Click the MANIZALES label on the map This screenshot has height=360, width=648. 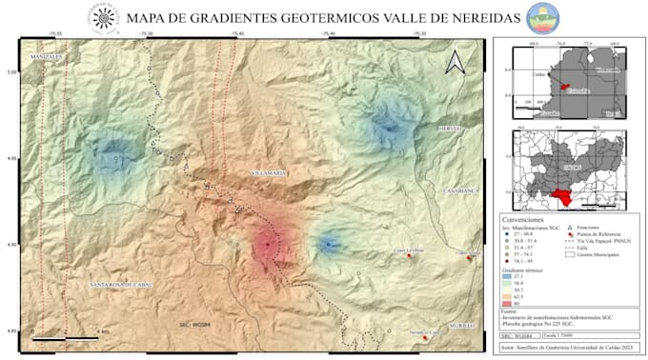(x=47, y=56)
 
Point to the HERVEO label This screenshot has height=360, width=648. (x=448, y=128)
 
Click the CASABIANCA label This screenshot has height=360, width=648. (x=459, y=191)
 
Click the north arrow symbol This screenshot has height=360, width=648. (x=456, y=62)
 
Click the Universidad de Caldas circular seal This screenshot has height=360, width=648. (x=106, y=17)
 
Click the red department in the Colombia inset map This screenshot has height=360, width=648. (x=564, y=87)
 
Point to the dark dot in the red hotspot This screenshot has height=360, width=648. (x=268, y=244)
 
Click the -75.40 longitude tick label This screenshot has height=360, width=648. (x=328, y=34)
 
